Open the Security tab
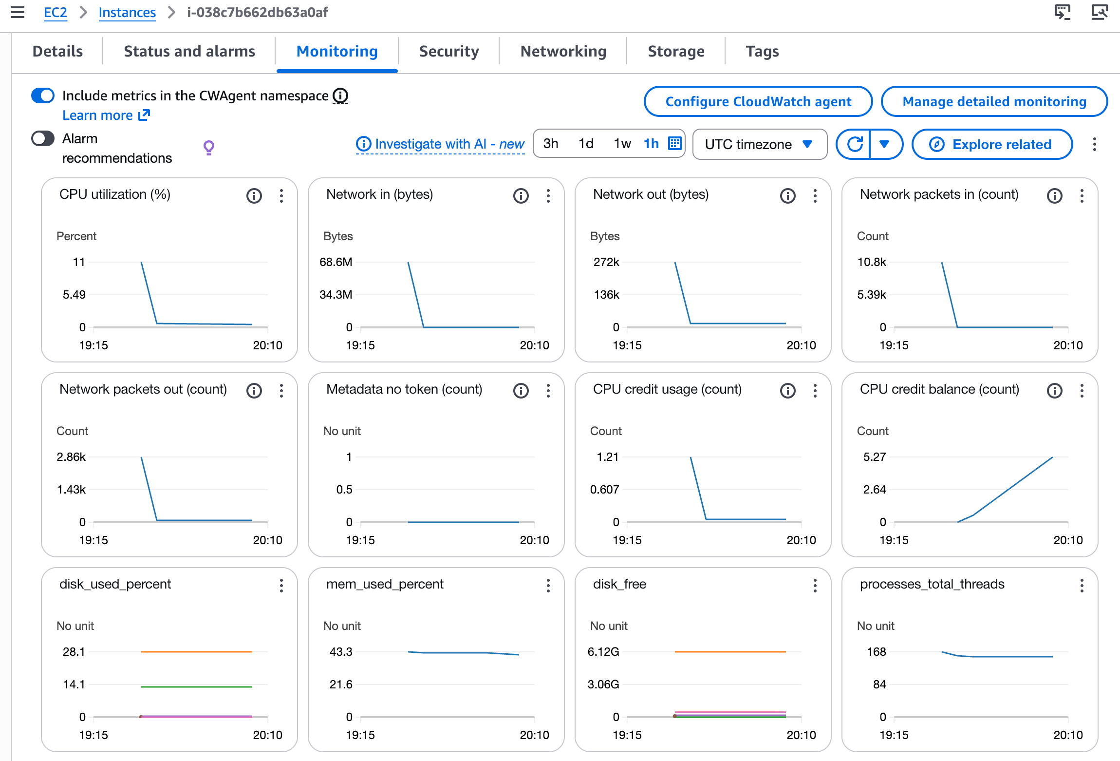click(448, 51)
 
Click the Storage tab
click(675, 51)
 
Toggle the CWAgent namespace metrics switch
click(43, 95)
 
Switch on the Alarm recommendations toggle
click(43, 139)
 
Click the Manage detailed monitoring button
click(994, 101)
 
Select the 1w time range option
click(622, 144)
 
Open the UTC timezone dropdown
click(759, 144)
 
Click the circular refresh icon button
click(855, 144)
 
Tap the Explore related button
click(992, 144)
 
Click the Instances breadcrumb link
click(127, 12)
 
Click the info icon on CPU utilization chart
click(254, 196)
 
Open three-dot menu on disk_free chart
click(815, 585)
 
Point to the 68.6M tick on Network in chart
click(336, 262)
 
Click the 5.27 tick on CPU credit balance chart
click(874, 457)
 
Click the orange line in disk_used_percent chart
click(196, 651)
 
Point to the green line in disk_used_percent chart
click(196, 686)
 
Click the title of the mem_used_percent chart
click(384, 584)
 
